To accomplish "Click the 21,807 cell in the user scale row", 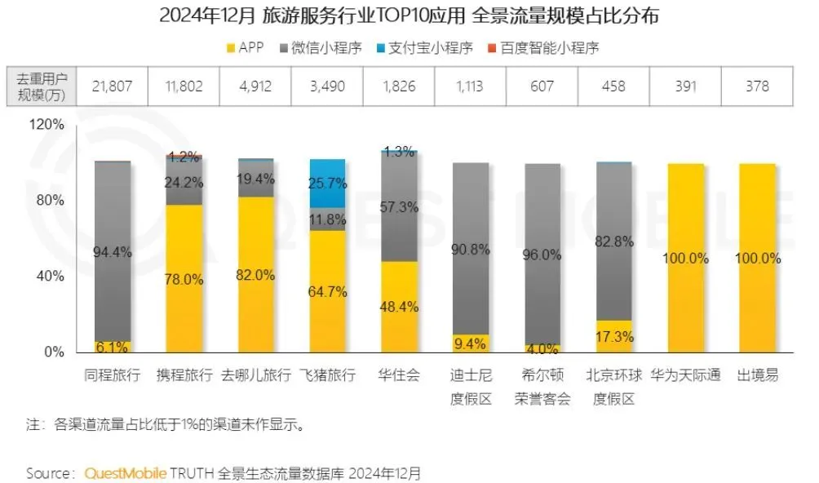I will (113, 86).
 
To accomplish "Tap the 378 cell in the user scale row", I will (758, 86).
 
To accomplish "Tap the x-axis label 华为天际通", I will (686, 376).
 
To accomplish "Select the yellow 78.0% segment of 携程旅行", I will (184, 279).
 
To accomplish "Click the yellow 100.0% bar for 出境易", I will (758, 258).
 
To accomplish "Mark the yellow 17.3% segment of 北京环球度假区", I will (613, 336).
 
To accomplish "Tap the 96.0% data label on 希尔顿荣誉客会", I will (542, 255).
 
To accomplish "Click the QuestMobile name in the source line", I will (126, 472).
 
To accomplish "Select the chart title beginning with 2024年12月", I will (409, 15).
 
